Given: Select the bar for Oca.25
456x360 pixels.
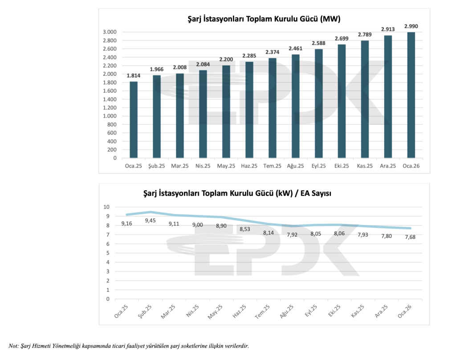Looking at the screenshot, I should tap(134, 119).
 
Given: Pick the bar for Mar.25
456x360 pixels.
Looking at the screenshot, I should tap(180, 115).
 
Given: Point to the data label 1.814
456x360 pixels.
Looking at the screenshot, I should tap(134, 75).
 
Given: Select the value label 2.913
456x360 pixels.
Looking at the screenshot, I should tap(388, 29).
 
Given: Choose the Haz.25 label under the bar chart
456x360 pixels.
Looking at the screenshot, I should tap(249, 166).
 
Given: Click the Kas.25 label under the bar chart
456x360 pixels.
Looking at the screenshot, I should tap(365, 166).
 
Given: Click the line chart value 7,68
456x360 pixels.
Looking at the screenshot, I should tap(410, 237).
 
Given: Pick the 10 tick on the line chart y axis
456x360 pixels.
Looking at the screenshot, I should tap(106, 207).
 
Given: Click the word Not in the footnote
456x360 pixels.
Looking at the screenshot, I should tap(13, 346).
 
